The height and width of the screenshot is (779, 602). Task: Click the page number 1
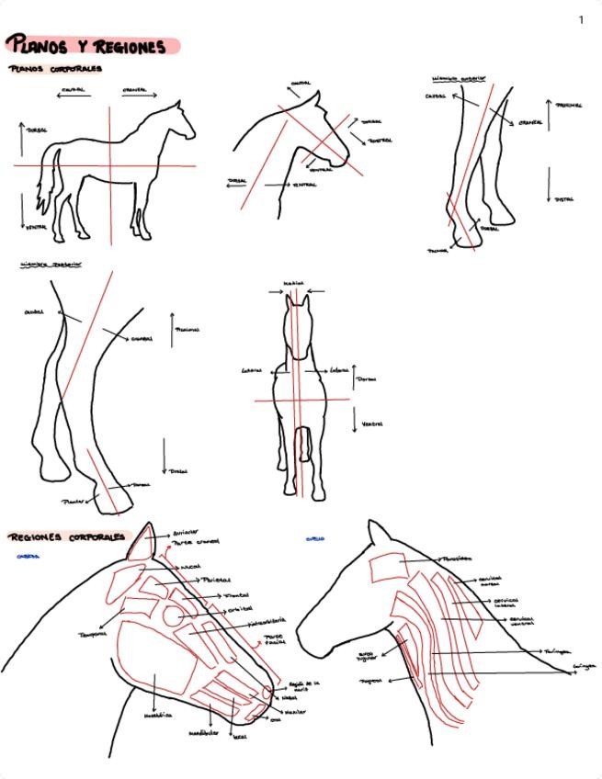tap(580, 19)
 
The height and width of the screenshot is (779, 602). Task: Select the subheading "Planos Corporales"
tap(55, 69)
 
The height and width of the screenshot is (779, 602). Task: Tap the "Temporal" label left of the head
tap(93, 633)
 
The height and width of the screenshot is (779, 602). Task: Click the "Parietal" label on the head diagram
tap(216, 581)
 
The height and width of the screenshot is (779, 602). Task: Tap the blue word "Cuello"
tap(314, 539)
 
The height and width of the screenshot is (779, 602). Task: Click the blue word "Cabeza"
tap(27, 556)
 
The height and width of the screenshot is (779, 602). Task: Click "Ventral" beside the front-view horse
tap(371, 423)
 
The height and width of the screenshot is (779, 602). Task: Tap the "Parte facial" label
tap(276, 640)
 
